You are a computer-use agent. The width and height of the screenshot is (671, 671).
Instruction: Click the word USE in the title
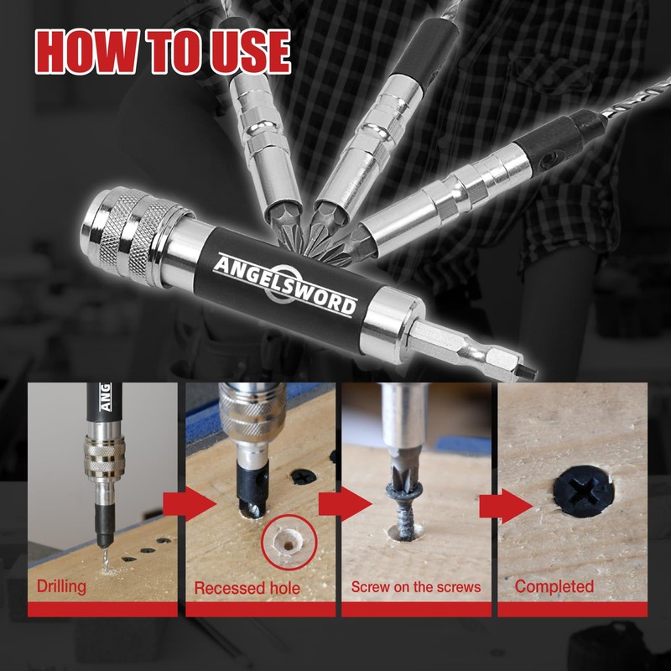[244, 52]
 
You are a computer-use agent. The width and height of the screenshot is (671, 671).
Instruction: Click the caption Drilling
[60, 585]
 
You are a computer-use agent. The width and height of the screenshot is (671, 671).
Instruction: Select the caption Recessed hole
[247, 587]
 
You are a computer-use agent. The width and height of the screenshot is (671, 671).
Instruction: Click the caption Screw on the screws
[416, 585]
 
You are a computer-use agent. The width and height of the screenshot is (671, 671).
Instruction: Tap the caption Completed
[554, 585]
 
